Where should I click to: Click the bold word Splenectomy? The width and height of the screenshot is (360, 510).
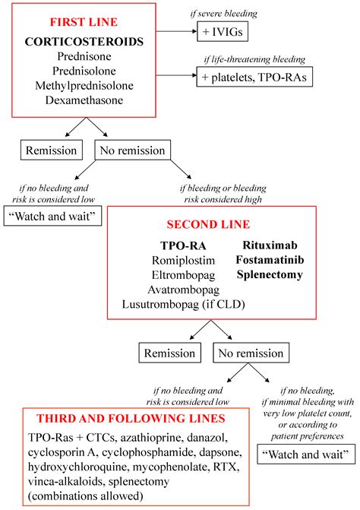point(270,274)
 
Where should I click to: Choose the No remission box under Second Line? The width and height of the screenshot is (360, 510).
point(254,353)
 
